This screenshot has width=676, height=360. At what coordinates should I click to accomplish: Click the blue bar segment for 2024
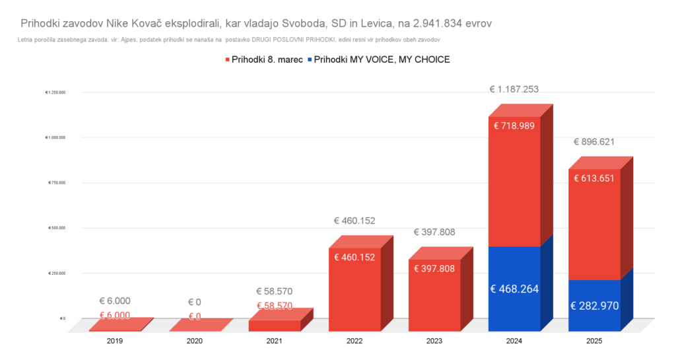coord(514,289)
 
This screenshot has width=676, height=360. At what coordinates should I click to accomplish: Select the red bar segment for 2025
coord(593,225)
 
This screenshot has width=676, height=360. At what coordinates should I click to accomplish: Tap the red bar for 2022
coord(354,291)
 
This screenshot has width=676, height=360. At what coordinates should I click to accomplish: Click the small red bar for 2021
coord(274,325)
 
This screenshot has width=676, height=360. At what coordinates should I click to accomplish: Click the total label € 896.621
coord(595,141)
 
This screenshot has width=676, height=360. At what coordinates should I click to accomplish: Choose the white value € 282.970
coord(595,306)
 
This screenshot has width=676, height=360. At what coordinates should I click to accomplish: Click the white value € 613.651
coord(595,178)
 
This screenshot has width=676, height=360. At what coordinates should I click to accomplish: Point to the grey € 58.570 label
coord(274,291)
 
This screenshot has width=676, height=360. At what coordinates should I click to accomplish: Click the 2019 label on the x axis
coord(115,341)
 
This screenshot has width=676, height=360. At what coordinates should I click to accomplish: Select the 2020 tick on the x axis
coord(195,341)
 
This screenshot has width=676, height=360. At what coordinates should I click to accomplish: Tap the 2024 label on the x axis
coord(514,341)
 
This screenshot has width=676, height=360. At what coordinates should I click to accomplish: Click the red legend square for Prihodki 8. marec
coord(227,60)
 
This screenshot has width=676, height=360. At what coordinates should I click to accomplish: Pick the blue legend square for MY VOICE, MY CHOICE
coord(310,60)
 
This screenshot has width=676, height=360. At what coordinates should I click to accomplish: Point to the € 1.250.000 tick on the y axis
coord(55,92)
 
